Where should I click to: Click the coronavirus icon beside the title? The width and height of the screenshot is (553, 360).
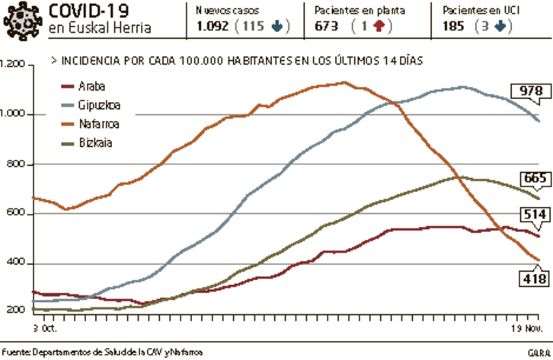(x=22, y=21)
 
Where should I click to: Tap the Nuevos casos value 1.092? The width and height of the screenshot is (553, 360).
(x=212, y=26)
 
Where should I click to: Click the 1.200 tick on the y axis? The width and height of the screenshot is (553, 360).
(x=14, y=65)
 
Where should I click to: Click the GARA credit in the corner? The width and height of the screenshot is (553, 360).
(x=537, y=352)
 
